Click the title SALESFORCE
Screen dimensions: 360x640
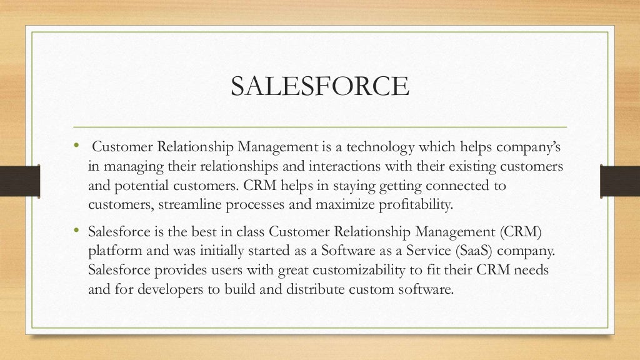(x=319, y=86)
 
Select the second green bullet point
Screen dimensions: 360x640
(x=76, y=231)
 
